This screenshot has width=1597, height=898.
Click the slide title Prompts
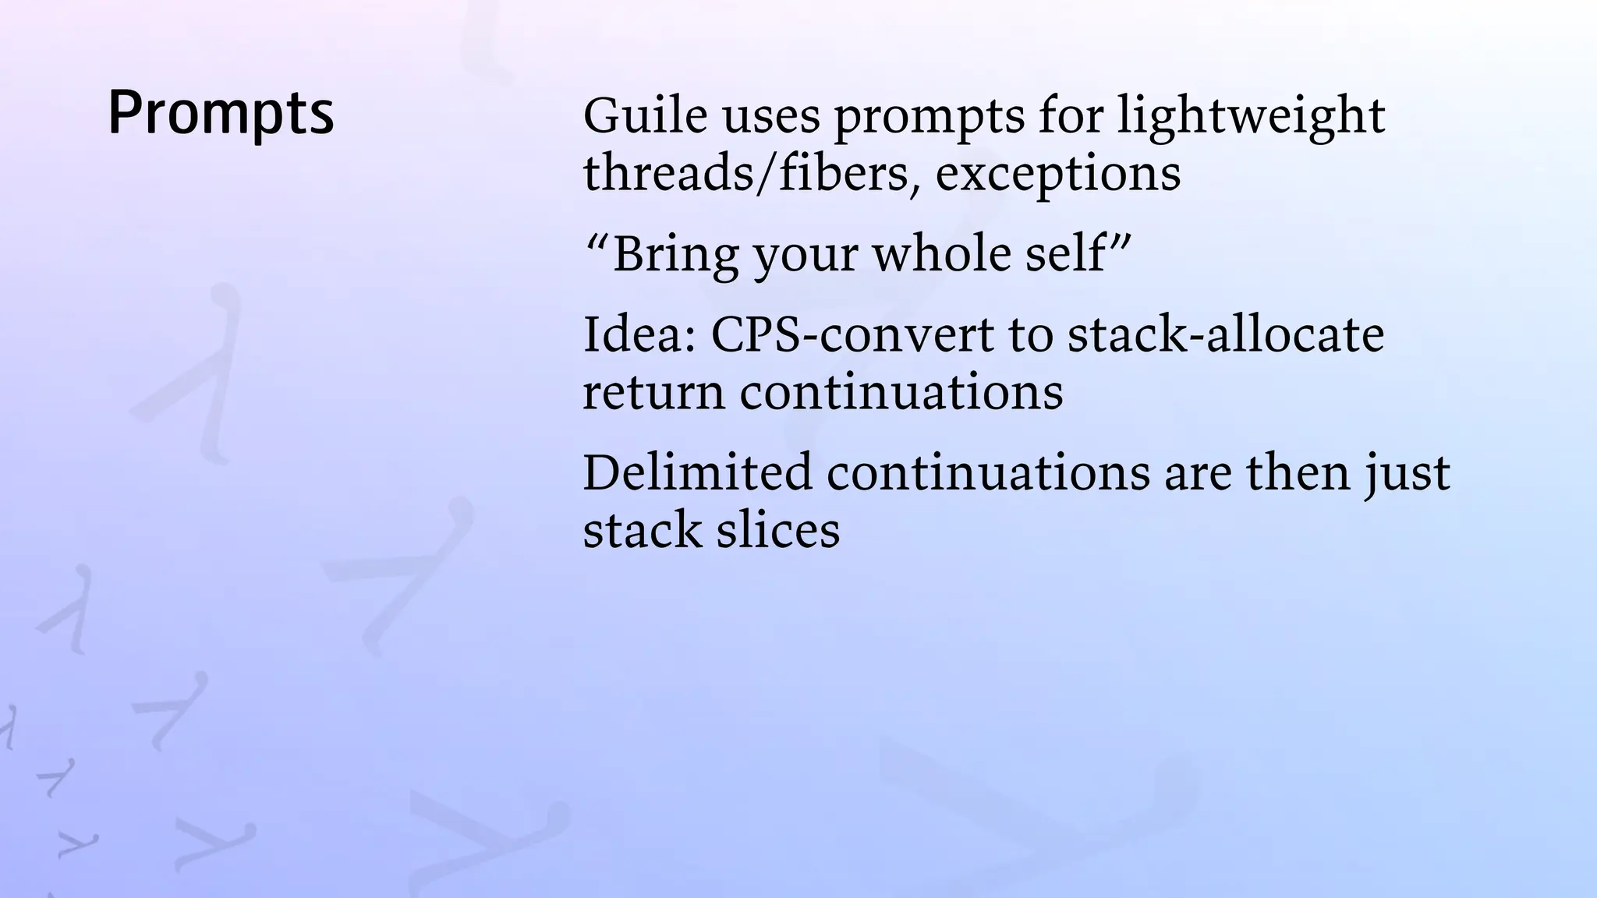[221, 114]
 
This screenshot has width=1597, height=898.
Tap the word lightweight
[1251, 117]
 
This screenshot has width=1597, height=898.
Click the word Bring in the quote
[675, 255]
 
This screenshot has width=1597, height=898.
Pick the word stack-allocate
[1225, 334]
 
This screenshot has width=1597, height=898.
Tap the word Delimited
[697, 472]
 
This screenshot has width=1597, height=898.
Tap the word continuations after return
[901, 392]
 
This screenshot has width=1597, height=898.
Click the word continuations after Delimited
[988, 472]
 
